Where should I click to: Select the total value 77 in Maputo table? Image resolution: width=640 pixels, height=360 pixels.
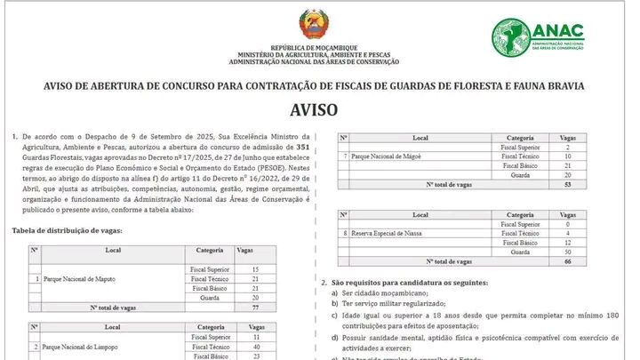(x=256, y=307)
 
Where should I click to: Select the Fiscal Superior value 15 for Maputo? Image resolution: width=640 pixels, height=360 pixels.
(x=256, y=268)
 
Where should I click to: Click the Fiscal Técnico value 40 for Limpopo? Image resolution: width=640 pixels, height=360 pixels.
(x=256, y=347)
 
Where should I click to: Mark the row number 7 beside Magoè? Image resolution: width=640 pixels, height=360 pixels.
(x=345, y=156)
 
